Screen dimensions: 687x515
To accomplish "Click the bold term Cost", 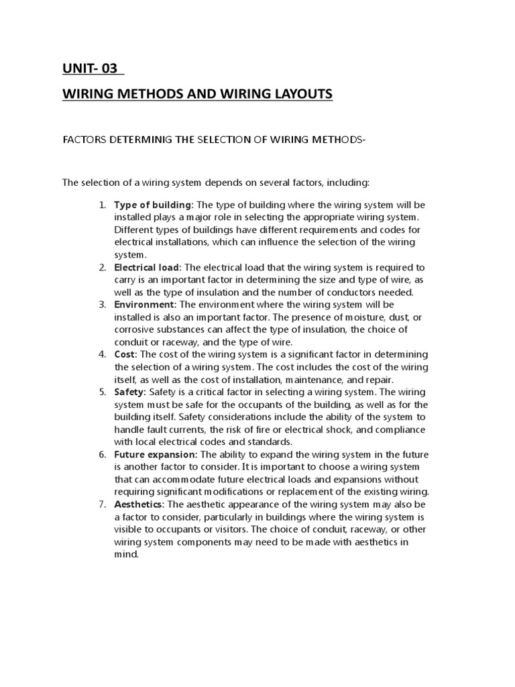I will click(125, 355).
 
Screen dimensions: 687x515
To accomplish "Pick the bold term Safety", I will click(131, 392).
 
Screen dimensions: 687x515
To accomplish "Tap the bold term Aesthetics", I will click(139, 505).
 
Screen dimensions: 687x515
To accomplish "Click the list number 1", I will click(102, 204).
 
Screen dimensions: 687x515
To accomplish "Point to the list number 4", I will click(102, 355).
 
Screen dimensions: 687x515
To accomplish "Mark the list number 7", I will click(102, 505).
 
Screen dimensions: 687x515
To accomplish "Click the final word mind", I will click(126, 555).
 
